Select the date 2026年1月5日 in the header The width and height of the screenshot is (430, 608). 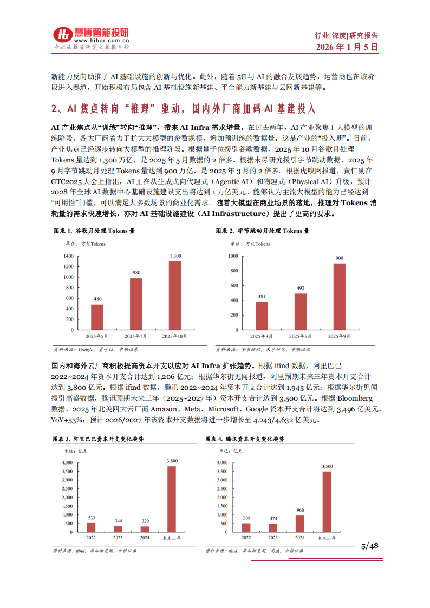(x=347, y=47)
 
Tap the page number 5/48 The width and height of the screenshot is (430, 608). (x=369, y=546)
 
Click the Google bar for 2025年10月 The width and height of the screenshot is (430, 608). (x=174, y=296)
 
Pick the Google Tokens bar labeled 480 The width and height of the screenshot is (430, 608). (x=97, y=317)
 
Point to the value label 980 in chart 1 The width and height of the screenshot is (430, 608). (x=136, y=273)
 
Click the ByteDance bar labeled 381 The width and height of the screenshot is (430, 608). (x=262, y=316)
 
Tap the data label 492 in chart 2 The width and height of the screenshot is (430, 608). (x=301, y=289)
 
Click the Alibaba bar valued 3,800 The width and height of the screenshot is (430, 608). (x=171, y=498)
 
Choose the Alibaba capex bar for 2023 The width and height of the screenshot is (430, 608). (x=118, y=528)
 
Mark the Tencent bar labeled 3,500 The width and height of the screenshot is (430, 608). (x=327, y=501)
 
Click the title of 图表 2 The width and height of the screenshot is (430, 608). (x=262, y=231)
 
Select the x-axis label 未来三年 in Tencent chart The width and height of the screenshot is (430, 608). (x=326, y=538)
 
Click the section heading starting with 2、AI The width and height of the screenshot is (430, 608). (x=183, y=108)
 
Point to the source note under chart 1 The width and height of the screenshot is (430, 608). (x=88, y=350)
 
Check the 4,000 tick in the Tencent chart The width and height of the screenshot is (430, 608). (x=221, y=463)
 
